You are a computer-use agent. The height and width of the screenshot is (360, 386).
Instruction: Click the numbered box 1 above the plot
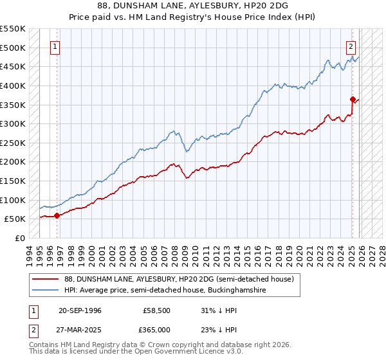(x=55, y=46)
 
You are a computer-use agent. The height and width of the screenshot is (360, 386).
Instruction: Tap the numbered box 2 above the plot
(x=351, y=46)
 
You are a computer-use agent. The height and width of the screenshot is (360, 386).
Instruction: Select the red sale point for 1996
(x=57, y=215)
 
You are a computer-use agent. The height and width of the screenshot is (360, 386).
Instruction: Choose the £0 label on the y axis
(x=21, y=239)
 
